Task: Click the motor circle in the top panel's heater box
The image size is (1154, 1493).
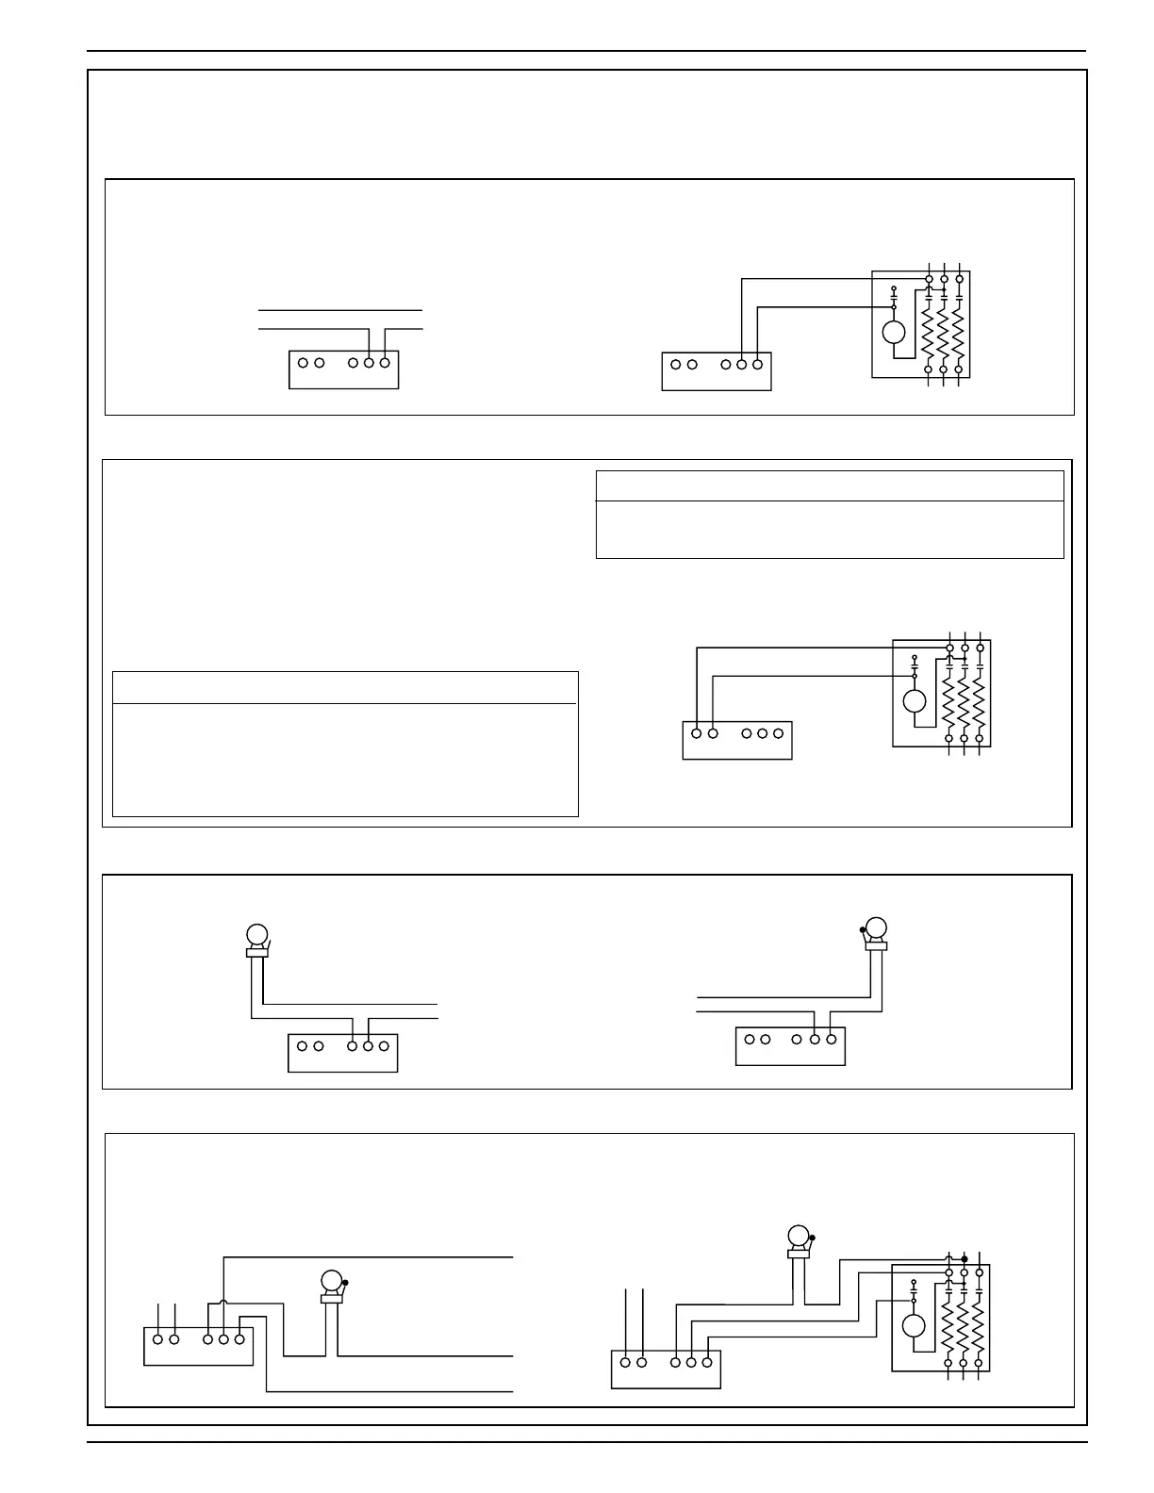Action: [x=894, y=332]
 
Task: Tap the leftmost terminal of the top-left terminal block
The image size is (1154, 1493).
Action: [x=304, y=363]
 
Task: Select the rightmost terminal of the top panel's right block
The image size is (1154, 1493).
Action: [x=757, y=364]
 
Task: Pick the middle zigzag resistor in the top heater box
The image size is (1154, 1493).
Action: [x=944, y=333]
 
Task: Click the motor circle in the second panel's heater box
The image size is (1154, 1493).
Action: [x=915, y=701]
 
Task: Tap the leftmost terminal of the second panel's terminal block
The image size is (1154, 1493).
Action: [x=697, y=732]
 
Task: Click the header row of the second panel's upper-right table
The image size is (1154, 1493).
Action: [x=830, y=486]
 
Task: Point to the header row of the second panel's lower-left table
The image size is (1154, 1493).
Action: [x=345, y=687]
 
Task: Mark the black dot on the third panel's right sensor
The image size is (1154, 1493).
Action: [x=863, y=930]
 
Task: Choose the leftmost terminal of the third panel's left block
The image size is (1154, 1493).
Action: [x=303, y=1045]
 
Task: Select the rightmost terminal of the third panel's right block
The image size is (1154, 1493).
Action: [x=831, y=1040]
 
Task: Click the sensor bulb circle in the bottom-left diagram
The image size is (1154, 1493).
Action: [x=331, y=1281]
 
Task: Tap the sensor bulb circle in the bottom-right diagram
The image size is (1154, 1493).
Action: [x=799, y=1236]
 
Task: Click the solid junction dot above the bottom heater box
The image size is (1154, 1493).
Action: [x=964, y=1258]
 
